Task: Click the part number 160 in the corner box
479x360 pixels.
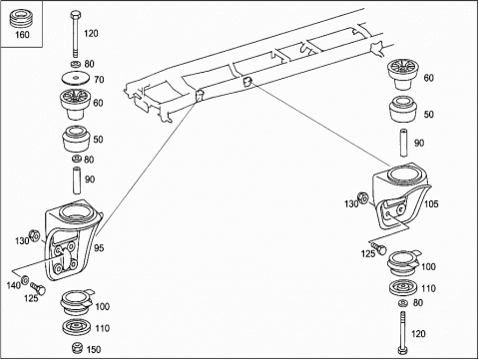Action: click(x=22, y=35)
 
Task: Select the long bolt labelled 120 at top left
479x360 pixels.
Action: click(x=76, y=35)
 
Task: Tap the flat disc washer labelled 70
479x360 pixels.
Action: click(x=76, y=79)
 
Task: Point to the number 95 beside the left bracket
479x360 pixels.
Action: click(x=99, y=248)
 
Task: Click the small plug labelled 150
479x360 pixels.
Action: click(x=77, y=348)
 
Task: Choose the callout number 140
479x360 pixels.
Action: click(x=14, y=285)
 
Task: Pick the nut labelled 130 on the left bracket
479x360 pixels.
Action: click(x=34, y=235)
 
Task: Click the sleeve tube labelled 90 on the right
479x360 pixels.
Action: click(x=404, y=143)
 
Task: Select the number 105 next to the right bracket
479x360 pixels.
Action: click(x=431, y=203)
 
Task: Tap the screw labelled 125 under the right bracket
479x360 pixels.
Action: click(x=379, y=247)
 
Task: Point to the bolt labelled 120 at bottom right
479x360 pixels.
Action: click(x=403, y=333)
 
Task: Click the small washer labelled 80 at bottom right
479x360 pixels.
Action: click(x=403, y=303)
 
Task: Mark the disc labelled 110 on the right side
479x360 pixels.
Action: click(x=403, y=288)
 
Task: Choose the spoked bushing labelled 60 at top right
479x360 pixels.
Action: click(x=403, y=74)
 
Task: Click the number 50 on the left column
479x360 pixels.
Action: click(x=98, y=140)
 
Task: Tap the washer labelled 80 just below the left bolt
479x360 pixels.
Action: click(x=76, y=64)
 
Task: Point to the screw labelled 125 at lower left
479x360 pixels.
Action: click(x=38, y=288)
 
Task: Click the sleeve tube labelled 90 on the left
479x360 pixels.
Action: click(x=77, y=180)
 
